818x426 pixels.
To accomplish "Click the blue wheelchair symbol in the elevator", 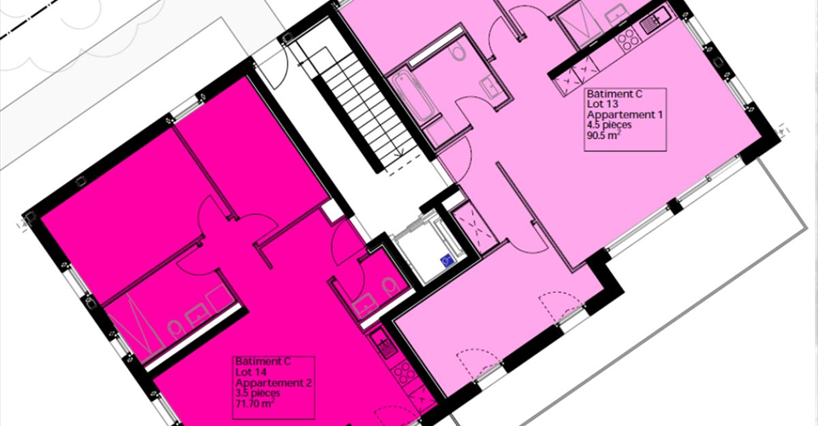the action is [x=447, y=260].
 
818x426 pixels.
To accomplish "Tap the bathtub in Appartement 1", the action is [x=412, y=96].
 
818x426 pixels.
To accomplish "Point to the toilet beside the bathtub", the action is [x=459, y=52].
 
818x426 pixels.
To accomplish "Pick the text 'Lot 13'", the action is [x=601, y=104].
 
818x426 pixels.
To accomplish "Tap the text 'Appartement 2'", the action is [x=274, y=383].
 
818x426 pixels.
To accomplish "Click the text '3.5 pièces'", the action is [x=257, y=393].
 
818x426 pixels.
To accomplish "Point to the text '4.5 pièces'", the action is [x=609, y=125].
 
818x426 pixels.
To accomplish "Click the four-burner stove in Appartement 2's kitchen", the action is [x=404, y=373].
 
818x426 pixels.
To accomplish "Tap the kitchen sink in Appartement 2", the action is [x=384, y=345].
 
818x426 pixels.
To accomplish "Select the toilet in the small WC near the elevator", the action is [x=389, y=285].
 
